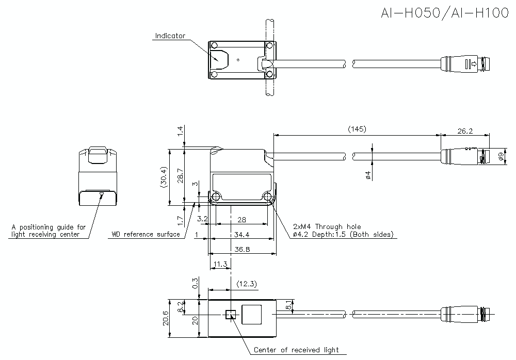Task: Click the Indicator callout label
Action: [x=170, y=36]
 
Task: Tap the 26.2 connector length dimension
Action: [x=465, y=131]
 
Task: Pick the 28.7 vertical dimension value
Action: [x=180, y=176]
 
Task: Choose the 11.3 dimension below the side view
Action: [x=219, y=265]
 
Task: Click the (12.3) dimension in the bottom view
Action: [x=246, y=284]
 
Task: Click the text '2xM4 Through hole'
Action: [x=327, y=226]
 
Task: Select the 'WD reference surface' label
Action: [x=146, y=235]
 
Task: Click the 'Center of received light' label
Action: [x=296, y=350]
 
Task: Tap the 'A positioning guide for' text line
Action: [x=49, y=226]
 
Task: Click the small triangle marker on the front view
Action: [x=101, y=195]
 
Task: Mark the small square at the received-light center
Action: [x=230, y=314]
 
